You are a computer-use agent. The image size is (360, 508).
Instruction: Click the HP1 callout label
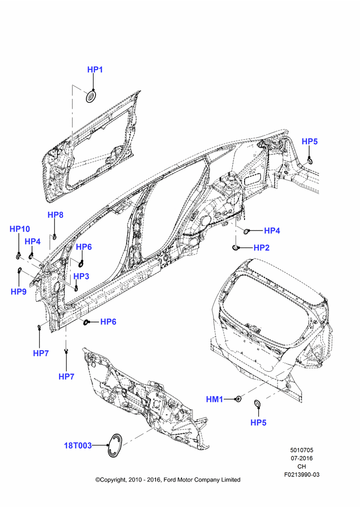(95, 70)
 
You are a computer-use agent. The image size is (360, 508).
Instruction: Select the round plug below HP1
(92, 97)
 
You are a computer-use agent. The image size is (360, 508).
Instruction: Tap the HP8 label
(55, 215)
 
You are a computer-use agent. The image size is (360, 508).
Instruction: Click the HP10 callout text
(19, 229)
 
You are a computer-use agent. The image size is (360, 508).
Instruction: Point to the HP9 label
(18, 292)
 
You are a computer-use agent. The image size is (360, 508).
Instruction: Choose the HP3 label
(81, 276)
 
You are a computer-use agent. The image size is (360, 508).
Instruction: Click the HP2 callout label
(261, 248)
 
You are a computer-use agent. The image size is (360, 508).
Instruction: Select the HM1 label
(215, 399)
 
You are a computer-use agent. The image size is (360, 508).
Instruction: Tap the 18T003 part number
(78, 446)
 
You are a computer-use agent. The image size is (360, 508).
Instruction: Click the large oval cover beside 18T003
(115, 446)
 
